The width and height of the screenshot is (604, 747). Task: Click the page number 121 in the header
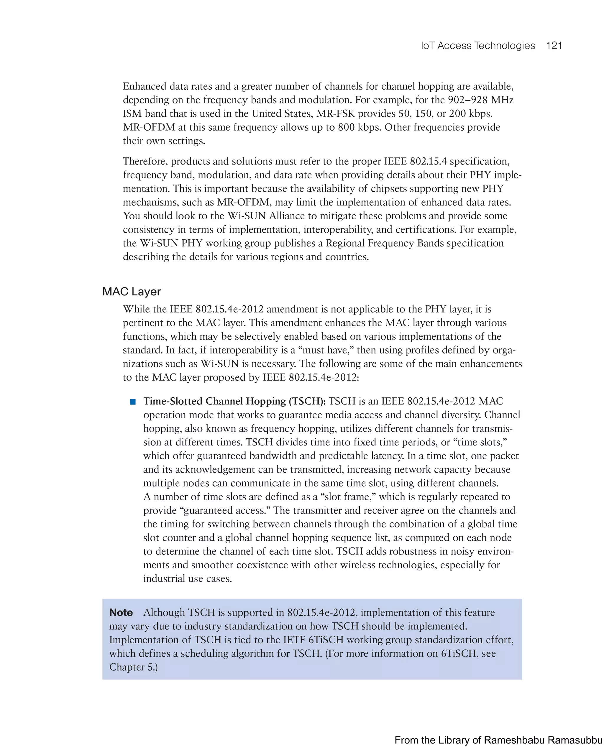[554, 46]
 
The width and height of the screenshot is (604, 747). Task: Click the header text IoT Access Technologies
[478, 46]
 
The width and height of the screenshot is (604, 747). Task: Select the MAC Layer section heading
[132, 292]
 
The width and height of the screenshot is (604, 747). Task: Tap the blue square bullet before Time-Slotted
[132, 402]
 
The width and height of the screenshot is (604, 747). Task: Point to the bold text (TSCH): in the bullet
[307, 401]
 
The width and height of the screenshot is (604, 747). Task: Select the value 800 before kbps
[346, 127]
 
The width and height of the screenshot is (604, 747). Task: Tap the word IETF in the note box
[294, 640]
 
